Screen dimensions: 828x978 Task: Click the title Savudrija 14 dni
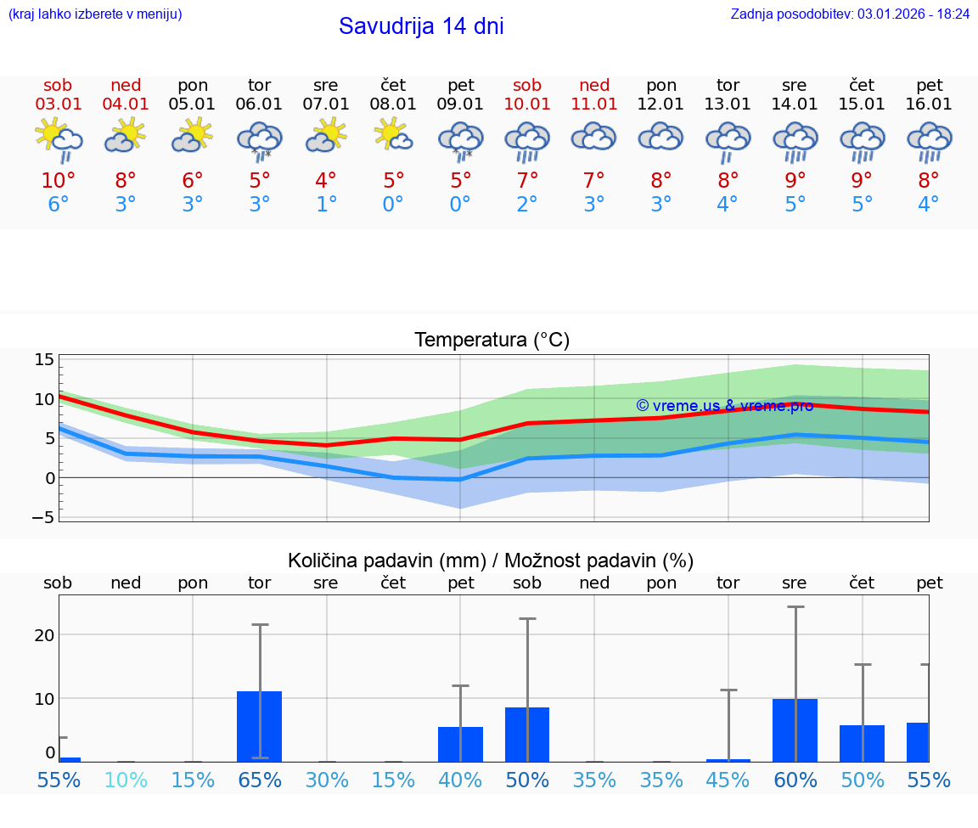click(x=421, y=26)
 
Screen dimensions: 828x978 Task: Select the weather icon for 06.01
click(x=260, y=141)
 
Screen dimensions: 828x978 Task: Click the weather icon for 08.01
click(x=393, y=136)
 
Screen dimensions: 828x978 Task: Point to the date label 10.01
click(x=527, y=104)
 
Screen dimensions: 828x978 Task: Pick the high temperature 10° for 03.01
click(x=58, y=180)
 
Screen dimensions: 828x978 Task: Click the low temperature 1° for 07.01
click(x=326, y=205)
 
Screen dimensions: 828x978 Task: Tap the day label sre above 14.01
click(x=795, y=85)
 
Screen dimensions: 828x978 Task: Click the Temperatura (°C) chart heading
click(x=492, y=341)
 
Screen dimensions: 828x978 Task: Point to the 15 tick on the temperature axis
click(x=44, y=359)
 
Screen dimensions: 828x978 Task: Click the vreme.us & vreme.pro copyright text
click(x=724, y=406)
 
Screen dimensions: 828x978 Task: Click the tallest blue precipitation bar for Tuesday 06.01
click(x=260, y=726)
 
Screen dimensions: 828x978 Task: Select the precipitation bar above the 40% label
click(x=460, y=744)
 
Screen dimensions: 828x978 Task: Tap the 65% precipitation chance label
click(x=260, y=780)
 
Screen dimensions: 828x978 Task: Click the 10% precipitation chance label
click(x=126, y=780)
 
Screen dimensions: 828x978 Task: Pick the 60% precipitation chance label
click(x=795, y=780)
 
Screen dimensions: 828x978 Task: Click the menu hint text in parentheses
click(x=95, y=14)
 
